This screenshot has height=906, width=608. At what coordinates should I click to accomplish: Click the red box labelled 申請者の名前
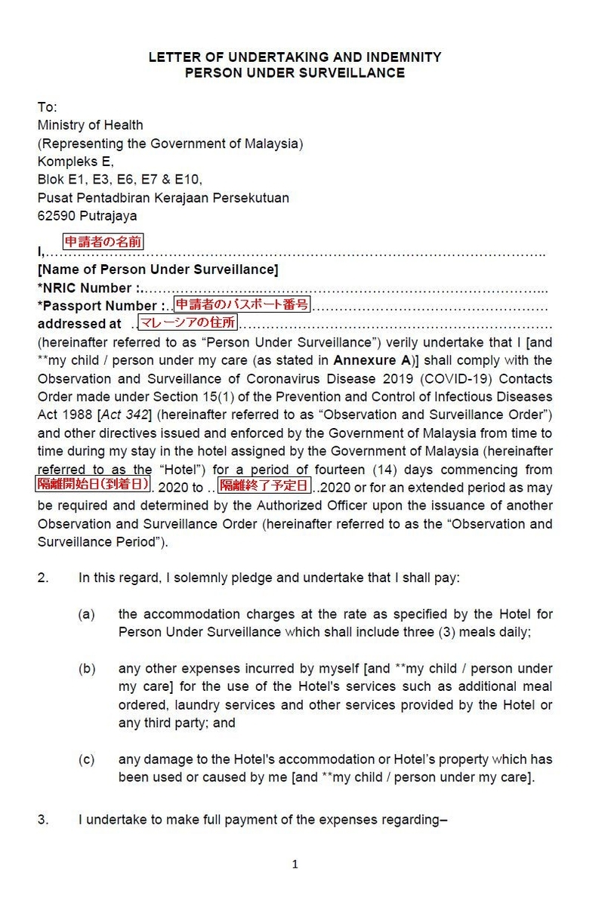click(103, 242)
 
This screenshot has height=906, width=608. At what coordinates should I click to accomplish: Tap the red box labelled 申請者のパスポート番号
click(242, 304)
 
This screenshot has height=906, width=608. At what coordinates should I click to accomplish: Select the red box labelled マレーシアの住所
click(187, 323)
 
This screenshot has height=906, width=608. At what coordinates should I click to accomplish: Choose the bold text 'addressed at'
click(79, 324)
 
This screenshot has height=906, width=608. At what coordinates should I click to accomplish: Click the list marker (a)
click(86, 614)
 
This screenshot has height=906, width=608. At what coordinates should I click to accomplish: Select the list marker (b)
click(86, 669)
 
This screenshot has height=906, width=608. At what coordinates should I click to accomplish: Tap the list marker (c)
click(86, 760)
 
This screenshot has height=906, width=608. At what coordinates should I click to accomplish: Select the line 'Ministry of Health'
click(90, 125)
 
